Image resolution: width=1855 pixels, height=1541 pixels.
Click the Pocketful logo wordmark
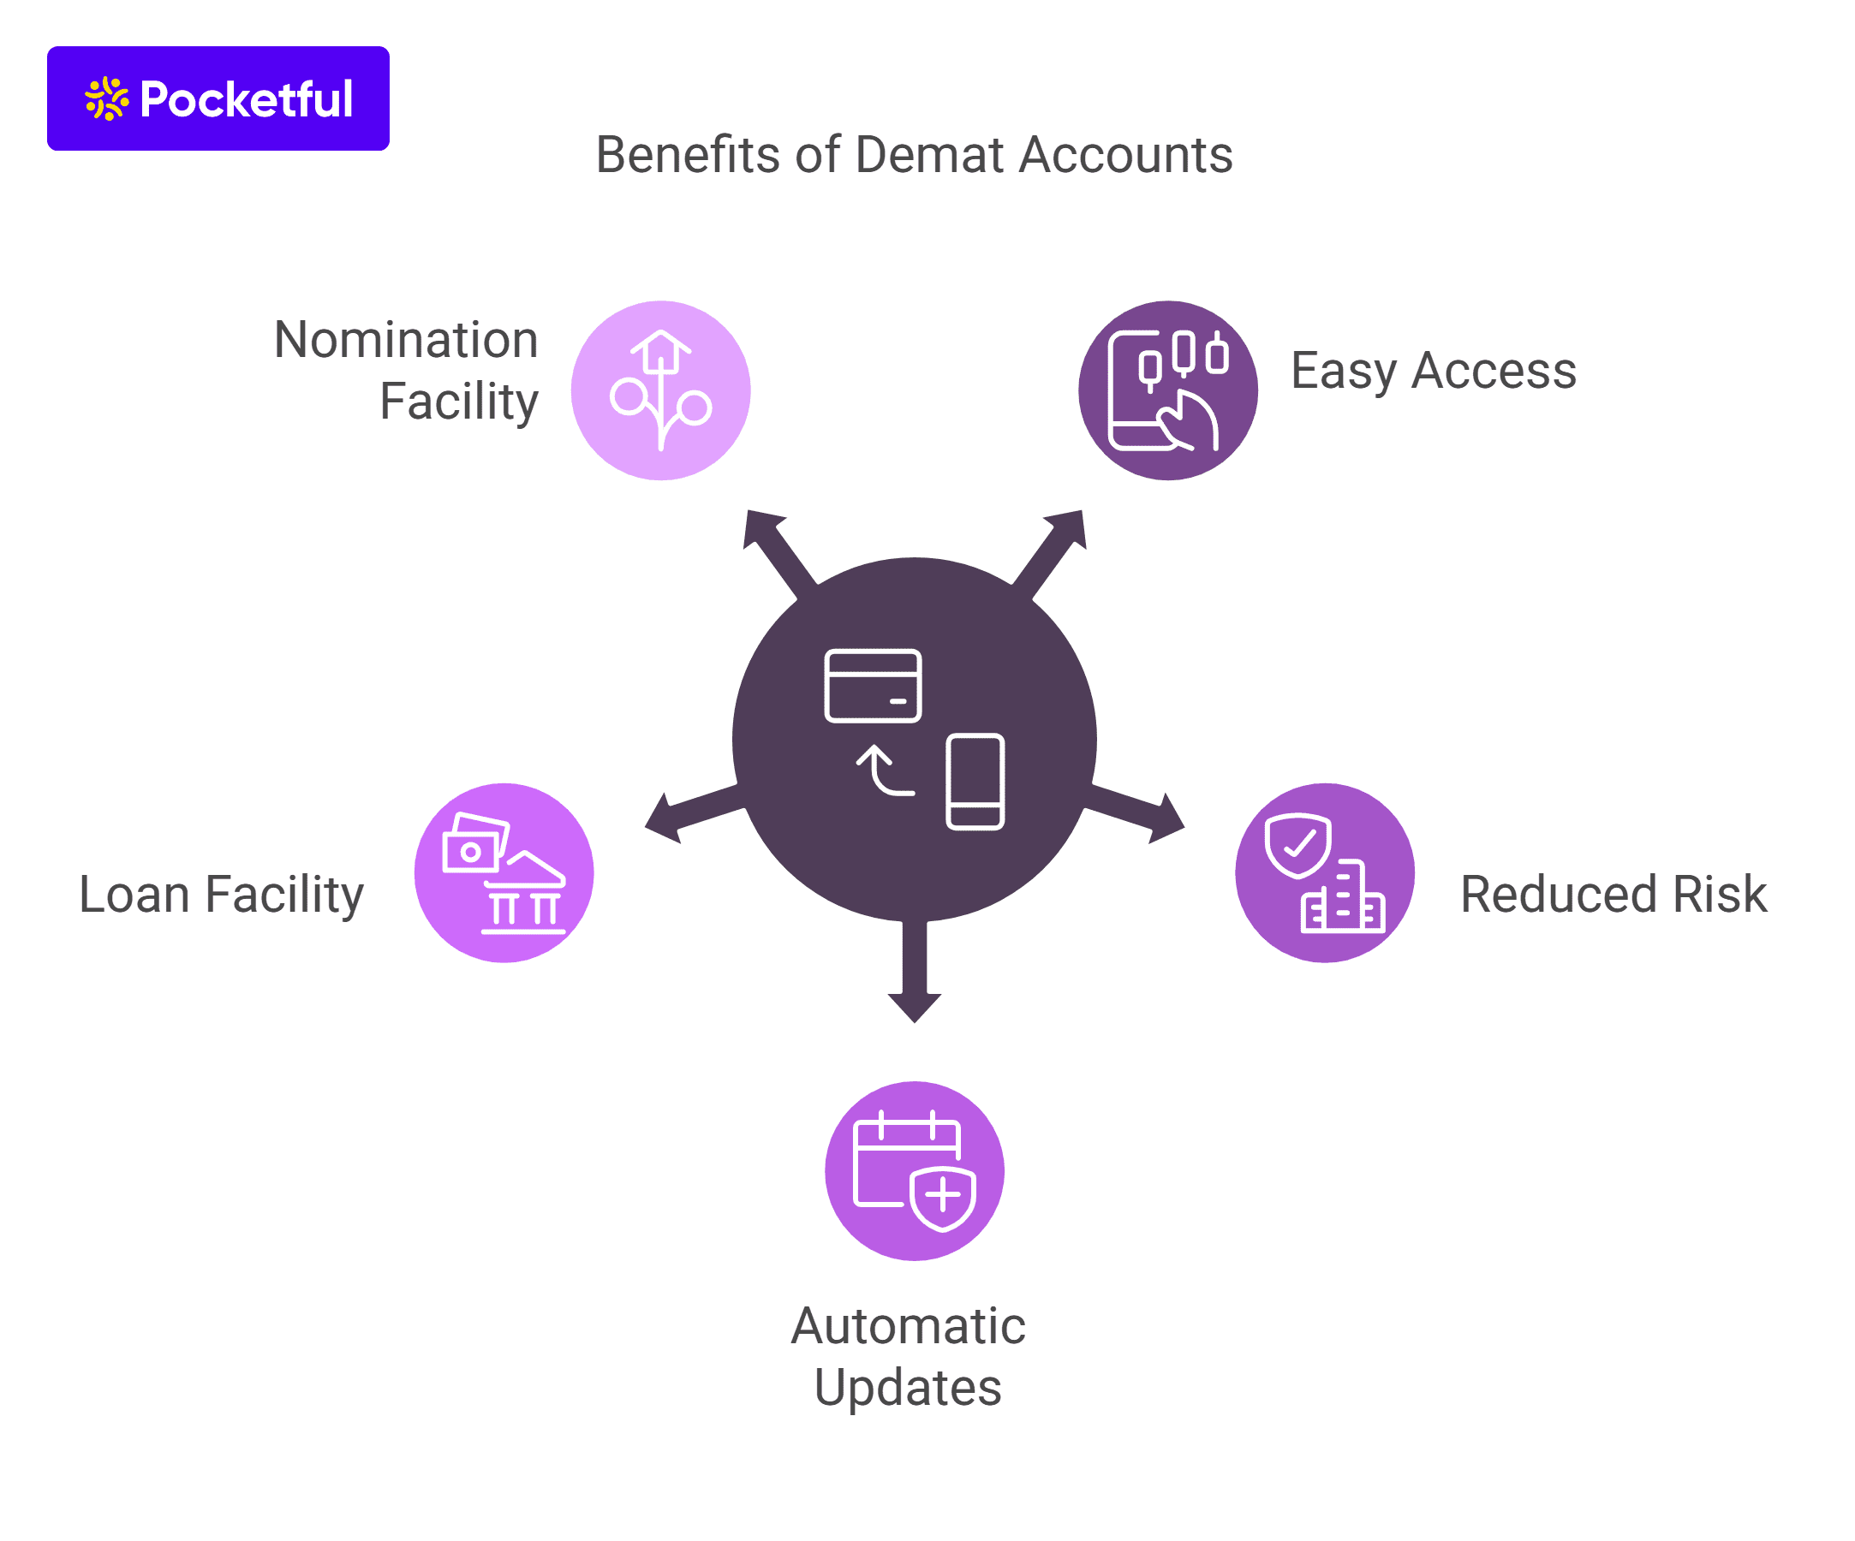point(247,99)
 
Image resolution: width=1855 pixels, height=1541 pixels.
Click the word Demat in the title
point(930,156)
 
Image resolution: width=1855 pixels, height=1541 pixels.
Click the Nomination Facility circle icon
point(661,390)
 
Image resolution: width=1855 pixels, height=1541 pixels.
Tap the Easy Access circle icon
point(1168,390)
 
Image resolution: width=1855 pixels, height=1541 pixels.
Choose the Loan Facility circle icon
point(504,872)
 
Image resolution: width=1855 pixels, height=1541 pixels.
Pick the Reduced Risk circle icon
point(1324,872)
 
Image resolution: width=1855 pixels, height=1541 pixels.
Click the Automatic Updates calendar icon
point(915,1170)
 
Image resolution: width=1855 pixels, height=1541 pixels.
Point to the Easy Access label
point(1433,370)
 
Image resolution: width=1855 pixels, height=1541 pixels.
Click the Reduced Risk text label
point(1613,894)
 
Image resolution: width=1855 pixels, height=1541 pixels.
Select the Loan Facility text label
point(221,894)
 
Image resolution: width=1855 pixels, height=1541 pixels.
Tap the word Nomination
point(405,340)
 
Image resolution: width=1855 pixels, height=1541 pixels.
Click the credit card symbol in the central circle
point(873,685)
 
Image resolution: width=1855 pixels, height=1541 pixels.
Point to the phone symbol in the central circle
point(975,782)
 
